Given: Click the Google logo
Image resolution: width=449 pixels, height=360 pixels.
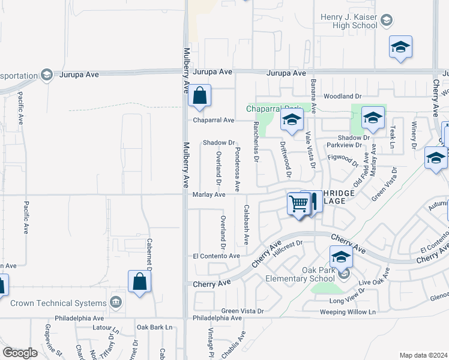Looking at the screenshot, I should (x=20, y=353).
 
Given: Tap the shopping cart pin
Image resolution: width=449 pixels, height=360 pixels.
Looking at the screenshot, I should (x=298, y=204).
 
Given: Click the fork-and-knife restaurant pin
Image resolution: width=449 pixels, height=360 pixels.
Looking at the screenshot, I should (x=313, y=202).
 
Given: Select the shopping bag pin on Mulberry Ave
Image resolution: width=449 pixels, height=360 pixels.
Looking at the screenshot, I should (x=199, y=95).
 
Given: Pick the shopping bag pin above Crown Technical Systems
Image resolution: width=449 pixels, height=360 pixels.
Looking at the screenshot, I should (x=139, y=281).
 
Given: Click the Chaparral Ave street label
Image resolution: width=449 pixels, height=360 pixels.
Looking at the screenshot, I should (x=214, y=120).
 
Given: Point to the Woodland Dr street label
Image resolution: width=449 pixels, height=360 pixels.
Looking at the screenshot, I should (x=342, y=96).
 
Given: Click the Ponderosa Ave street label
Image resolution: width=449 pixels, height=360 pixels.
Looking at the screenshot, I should (x=237, y=170).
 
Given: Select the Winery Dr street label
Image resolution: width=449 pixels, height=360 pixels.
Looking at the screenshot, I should (x=414, y=135).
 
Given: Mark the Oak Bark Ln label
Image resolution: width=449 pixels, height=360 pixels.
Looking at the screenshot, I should (x=154, y=327).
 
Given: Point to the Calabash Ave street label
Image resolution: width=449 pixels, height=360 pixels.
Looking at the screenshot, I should (x=246, y=224).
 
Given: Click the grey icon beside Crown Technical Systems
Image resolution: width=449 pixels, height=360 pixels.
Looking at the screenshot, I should (x=116, y=301).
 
